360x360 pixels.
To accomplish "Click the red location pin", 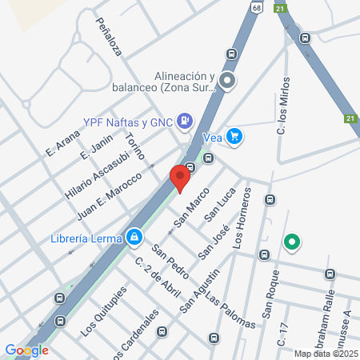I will [180, 177].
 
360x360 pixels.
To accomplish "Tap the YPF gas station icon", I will [185, 122].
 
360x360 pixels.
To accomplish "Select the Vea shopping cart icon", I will [234, 137].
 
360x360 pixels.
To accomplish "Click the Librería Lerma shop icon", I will [133, 237].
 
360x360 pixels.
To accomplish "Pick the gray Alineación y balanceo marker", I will [227, 80].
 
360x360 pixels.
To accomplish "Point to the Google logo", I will [26, 350].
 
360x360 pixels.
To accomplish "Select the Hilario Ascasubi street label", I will [92, 171].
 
